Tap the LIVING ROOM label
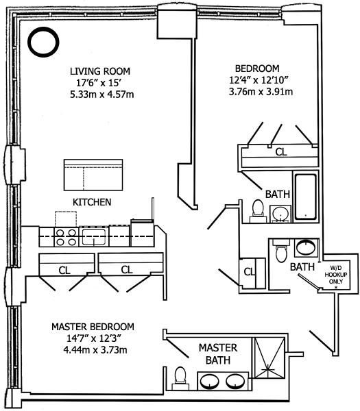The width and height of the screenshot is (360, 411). pos(100,71)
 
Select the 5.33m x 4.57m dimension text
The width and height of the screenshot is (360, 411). pos(101,95)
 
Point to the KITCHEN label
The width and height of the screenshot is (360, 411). pos(92,202)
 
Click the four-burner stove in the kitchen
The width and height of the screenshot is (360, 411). pos(67,237)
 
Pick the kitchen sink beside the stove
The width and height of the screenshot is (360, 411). pos(94,237)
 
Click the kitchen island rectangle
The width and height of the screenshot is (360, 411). pos(93,175)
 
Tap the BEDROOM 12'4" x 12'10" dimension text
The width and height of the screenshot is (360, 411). pos(259,79)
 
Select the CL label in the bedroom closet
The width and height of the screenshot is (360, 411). pos(281,152)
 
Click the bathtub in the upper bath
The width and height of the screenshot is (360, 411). pos(305,197)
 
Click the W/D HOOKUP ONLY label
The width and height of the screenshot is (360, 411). pos(336,275)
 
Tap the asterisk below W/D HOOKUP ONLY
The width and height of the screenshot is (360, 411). pos(336,287)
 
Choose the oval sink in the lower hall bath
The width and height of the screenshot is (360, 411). pos(306,247)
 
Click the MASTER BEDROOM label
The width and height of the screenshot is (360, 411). pos(93,327)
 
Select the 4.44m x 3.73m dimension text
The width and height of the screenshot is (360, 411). pos(95,350)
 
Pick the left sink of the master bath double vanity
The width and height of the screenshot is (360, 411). pos(210,381)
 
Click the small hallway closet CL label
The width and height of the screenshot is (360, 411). pos(250,271)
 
